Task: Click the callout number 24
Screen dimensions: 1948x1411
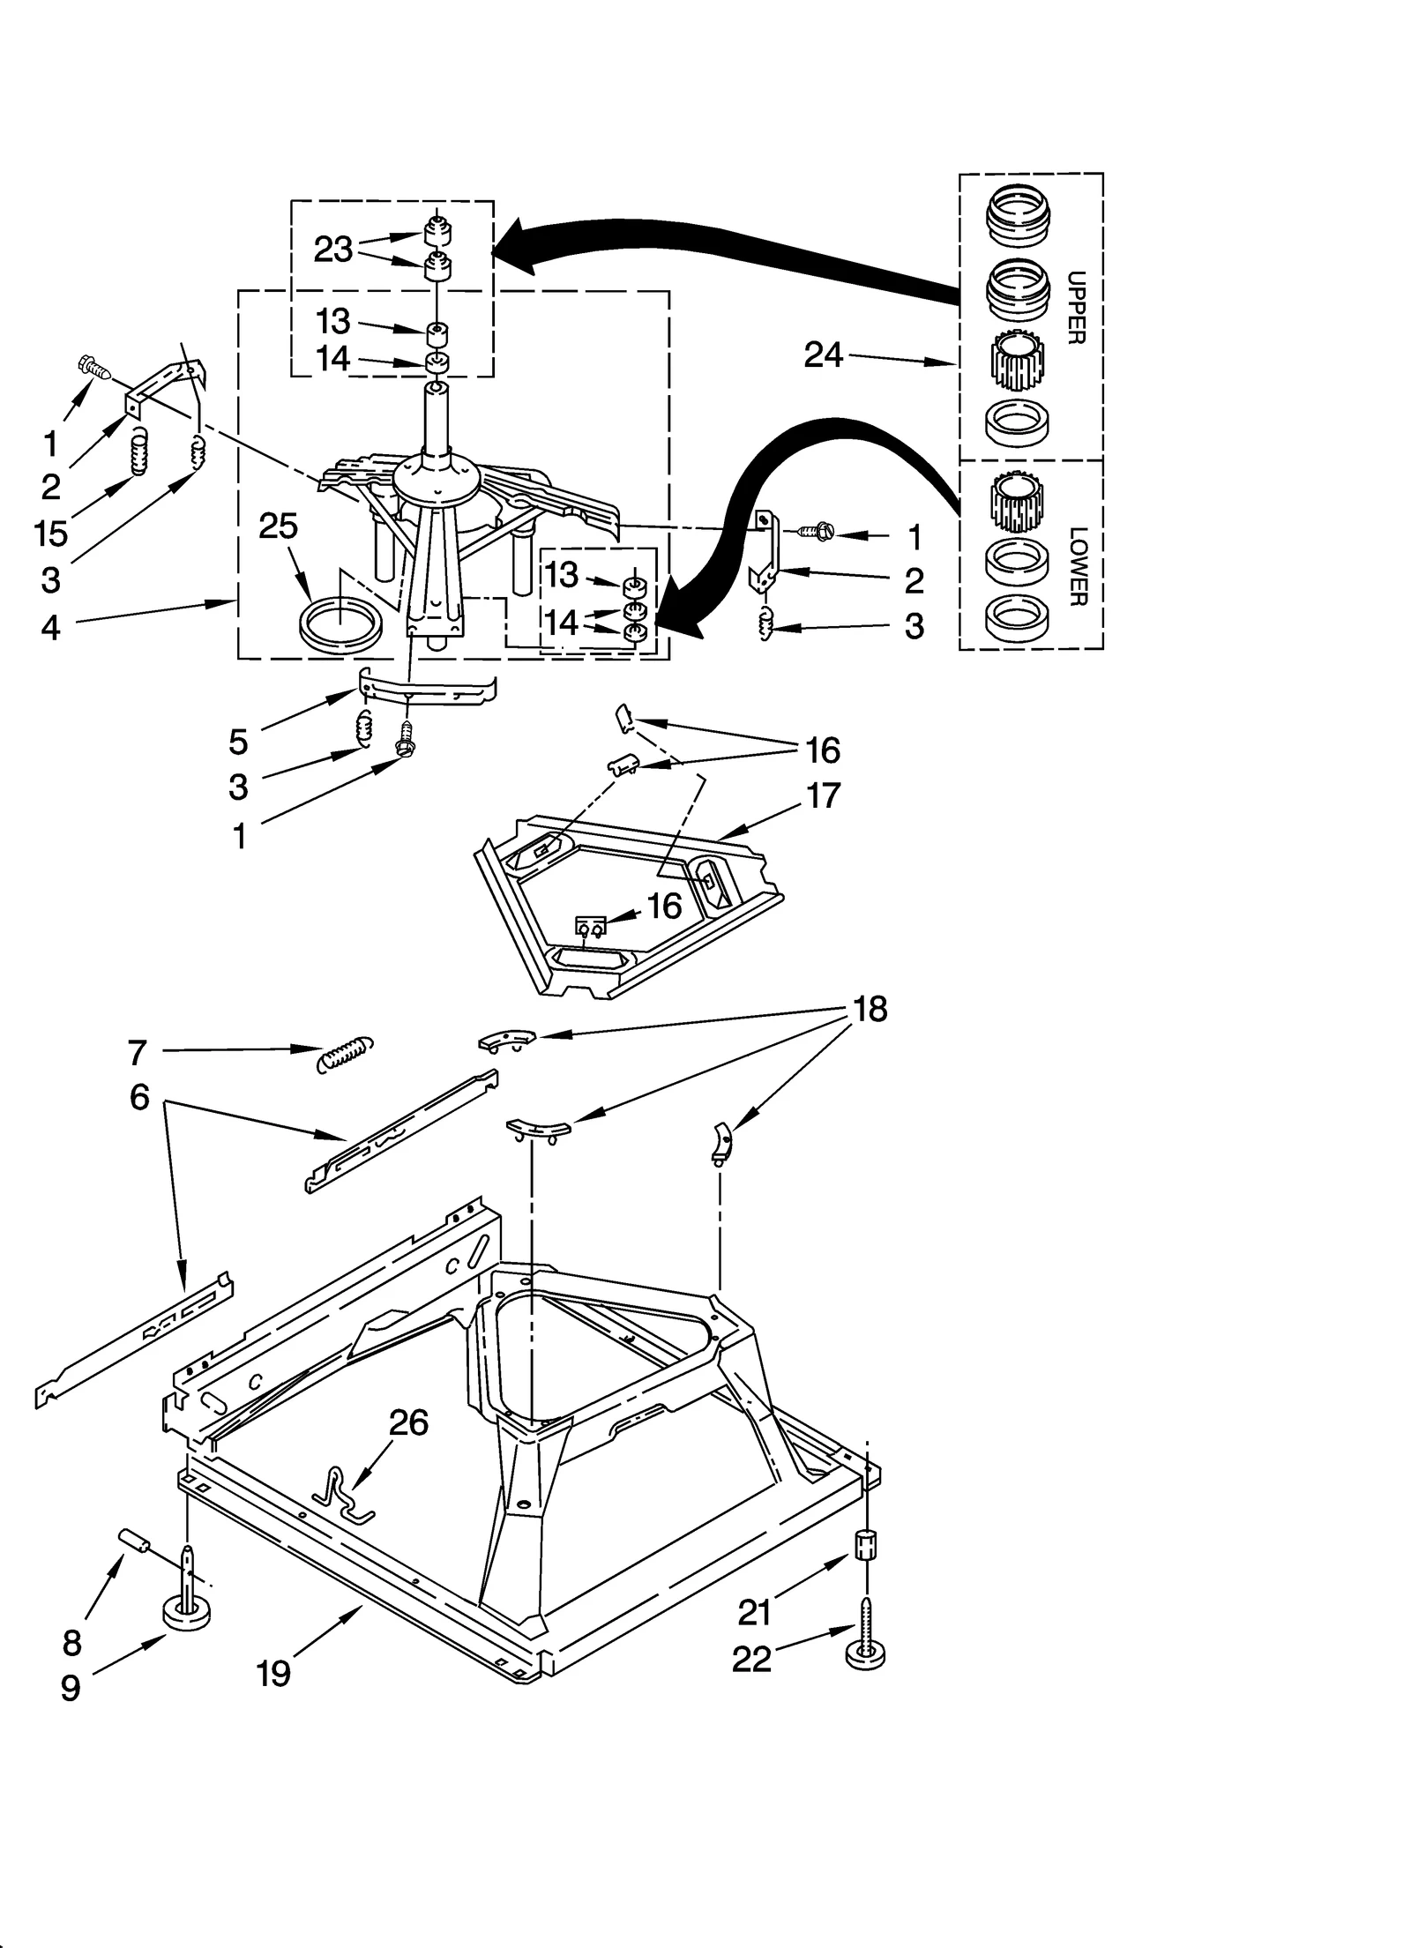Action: click(823, 355)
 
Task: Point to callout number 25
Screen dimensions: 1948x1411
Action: click(278, 526)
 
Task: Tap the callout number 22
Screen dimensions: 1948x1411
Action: click(751, 1659)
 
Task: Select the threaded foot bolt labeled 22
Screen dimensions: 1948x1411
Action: click(866, 1632)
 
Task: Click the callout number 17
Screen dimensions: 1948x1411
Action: click(822, 795)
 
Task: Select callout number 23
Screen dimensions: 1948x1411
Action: click(333, 250)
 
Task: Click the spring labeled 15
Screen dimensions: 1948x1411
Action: click(139, 451)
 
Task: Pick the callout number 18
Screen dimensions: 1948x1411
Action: click(870, 1009)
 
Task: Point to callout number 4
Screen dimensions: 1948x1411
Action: click(50, 627)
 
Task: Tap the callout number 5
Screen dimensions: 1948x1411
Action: click(238, 742)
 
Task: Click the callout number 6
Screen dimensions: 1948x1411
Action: click(139, 1098)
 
